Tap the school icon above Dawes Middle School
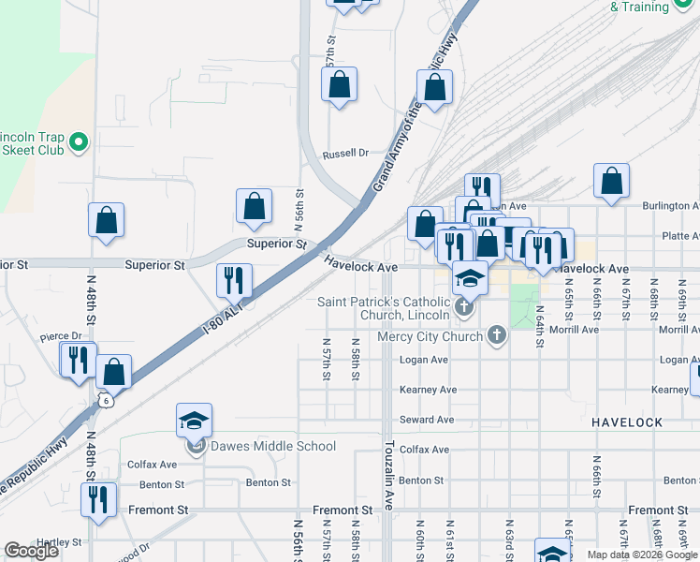pos(194,421)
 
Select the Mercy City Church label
pos(430,336)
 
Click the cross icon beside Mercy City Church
pos(496,335)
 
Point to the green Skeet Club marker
pos(79,142)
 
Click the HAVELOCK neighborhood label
pos(628,423)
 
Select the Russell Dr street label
pos(345,154)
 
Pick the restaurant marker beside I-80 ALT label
pos(233,280)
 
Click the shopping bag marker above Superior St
pos(254,206)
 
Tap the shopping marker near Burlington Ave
pos(611,182)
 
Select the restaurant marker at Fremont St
pos(98,500)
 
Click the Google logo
pos(31,551)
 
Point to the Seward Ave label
pos(427,420)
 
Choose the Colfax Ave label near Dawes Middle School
pos(153,465)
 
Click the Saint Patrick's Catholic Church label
pos(384,308)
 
